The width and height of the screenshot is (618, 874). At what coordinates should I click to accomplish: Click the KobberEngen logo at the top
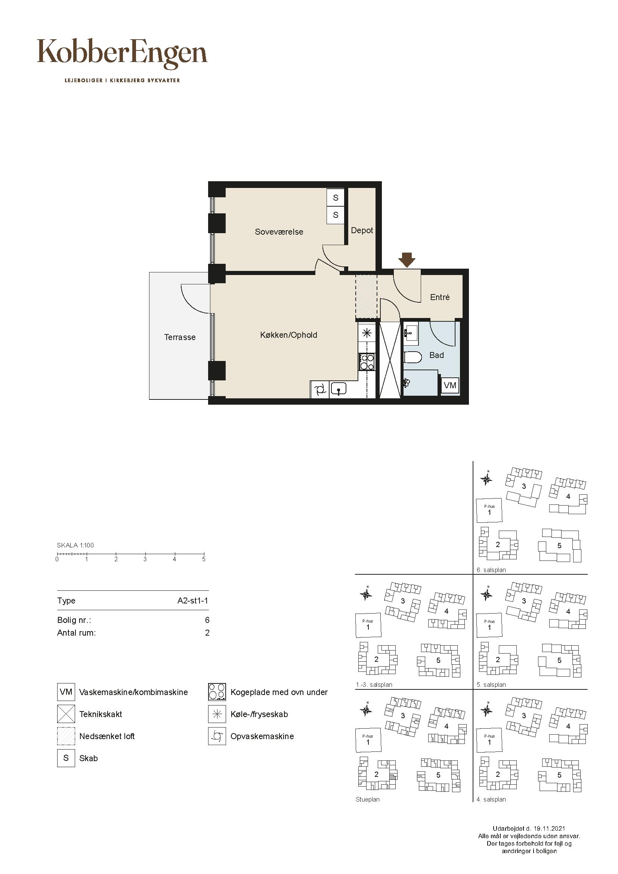(x=122, y=54)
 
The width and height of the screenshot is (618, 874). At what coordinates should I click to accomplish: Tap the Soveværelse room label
(x=279, y=232)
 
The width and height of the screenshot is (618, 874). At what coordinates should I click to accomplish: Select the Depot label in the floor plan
(x=362, y=230)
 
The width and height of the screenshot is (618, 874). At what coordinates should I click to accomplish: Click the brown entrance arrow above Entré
(x=407, y=260)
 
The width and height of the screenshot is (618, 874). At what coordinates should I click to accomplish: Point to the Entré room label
(x=440, y=297)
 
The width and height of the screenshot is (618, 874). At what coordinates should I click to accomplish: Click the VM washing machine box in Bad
(x=450, y=385)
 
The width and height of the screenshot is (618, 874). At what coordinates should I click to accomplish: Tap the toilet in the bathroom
(x=412, y=358)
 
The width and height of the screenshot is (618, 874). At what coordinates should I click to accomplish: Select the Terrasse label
(x=180, y=337)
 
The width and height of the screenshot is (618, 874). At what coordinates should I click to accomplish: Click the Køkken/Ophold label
(x=288, y=335)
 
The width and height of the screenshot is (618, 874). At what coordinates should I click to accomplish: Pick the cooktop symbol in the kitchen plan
(x=367, y=362)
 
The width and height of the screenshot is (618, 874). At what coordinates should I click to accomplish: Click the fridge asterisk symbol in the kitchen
(x=367, y=333)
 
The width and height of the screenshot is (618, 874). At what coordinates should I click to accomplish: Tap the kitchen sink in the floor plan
(x=338, y=389)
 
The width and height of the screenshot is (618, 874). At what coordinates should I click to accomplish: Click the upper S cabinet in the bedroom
(x=336, y=198)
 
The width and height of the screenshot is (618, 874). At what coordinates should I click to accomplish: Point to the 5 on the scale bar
(x=204, y=559)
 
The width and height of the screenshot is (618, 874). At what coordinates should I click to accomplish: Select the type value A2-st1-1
(x=193, y=601)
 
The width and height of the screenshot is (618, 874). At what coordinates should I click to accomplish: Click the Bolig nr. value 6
(x=207, y=620)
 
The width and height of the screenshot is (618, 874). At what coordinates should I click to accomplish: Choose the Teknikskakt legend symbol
(x=66, y=714)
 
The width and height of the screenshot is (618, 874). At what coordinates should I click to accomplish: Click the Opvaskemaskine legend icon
(x=217, y=736)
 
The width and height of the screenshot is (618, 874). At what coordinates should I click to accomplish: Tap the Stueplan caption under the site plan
(x=368, y=800)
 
